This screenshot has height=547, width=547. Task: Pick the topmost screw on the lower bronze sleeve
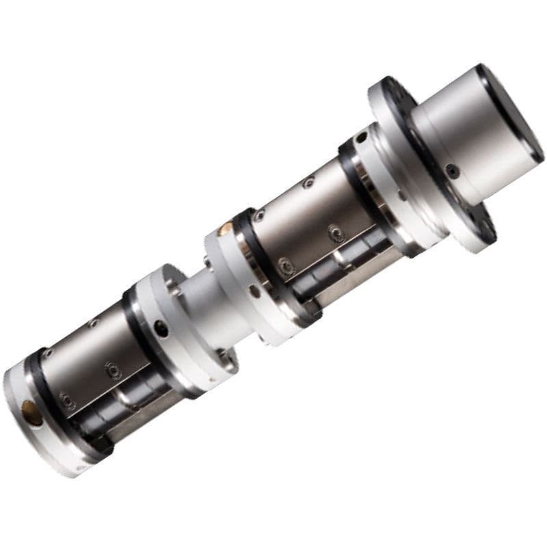[94, 323]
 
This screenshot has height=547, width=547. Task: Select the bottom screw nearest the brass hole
[66, 399]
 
